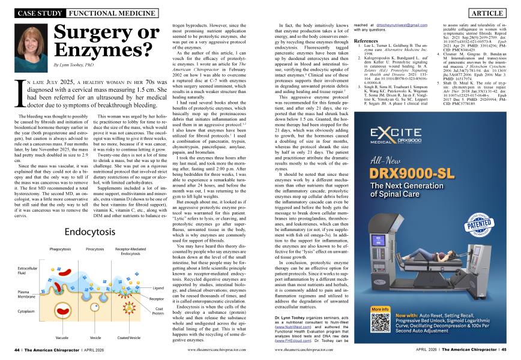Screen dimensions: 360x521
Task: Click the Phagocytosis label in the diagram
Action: (60, 248)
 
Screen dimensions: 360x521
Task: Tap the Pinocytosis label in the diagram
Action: (95, 248)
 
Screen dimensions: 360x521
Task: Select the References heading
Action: (366, 41)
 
